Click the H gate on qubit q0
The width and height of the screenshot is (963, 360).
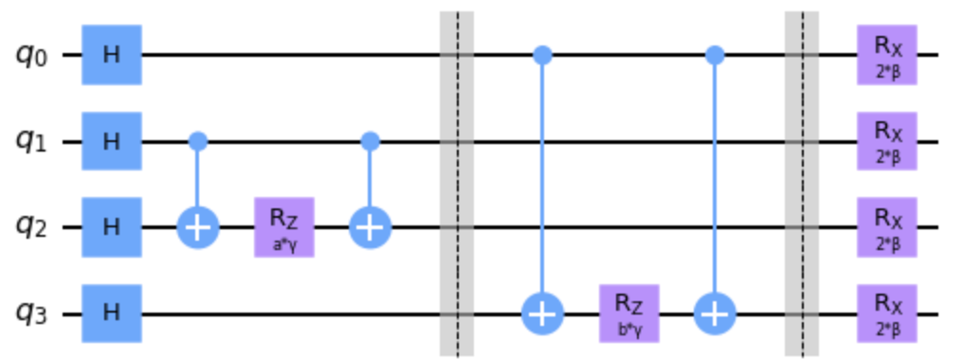(112, 55)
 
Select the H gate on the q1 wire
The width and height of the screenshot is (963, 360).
(112, 141)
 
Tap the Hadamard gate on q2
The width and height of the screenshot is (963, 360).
(112, 227)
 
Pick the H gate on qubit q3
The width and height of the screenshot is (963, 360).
(112, 314)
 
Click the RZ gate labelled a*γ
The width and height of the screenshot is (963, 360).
(284, 227)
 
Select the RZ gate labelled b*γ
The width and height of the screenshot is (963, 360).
(629, 314)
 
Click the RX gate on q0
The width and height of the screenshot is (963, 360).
(887, 55)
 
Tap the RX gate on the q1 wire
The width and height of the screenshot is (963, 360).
(887, 141)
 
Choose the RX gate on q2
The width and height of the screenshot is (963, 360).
(887, 227)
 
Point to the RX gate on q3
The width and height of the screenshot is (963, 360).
(887, 314)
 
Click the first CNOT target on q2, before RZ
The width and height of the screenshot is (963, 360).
(198, 227)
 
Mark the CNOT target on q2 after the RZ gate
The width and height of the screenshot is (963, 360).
(371, 227)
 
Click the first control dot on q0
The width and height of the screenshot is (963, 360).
(543, 55)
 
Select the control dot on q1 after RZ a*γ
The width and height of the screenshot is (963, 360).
(371, 141)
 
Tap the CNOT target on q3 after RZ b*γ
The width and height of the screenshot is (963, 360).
(715, 314)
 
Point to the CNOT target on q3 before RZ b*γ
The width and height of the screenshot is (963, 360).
(543, 314)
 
